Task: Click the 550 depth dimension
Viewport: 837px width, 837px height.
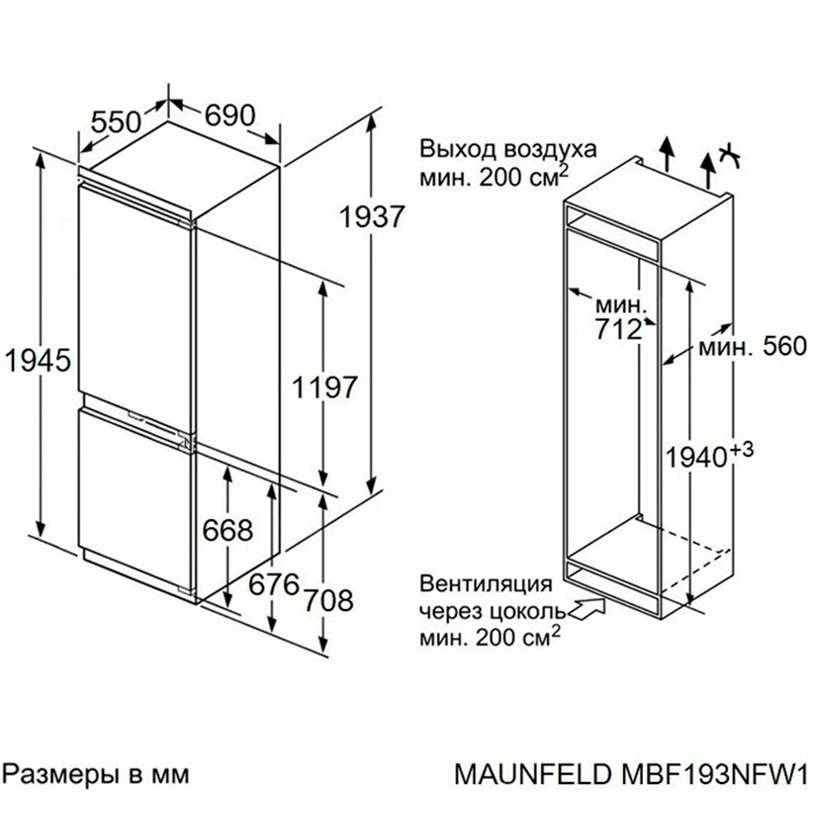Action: tap(116, 121)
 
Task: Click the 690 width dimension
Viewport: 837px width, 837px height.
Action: tap(229, 115)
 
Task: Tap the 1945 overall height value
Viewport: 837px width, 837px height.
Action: tap(36, 360)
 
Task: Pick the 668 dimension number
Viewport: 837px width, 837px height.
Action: tap(227, 530)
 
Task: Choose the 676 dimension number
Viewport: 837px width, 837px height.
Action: tap(273, 585)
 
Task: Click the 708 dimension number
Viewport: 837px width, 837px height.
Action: tap(326, 601)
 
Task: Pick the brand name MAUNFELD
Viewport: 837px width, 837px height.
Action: tap(535, 775)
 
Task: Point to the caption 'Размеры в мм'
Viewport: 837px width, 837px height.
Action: tap(98, 773)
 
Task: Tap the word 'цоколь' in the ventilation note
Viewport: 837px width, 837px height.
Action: tap(525, 611)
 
